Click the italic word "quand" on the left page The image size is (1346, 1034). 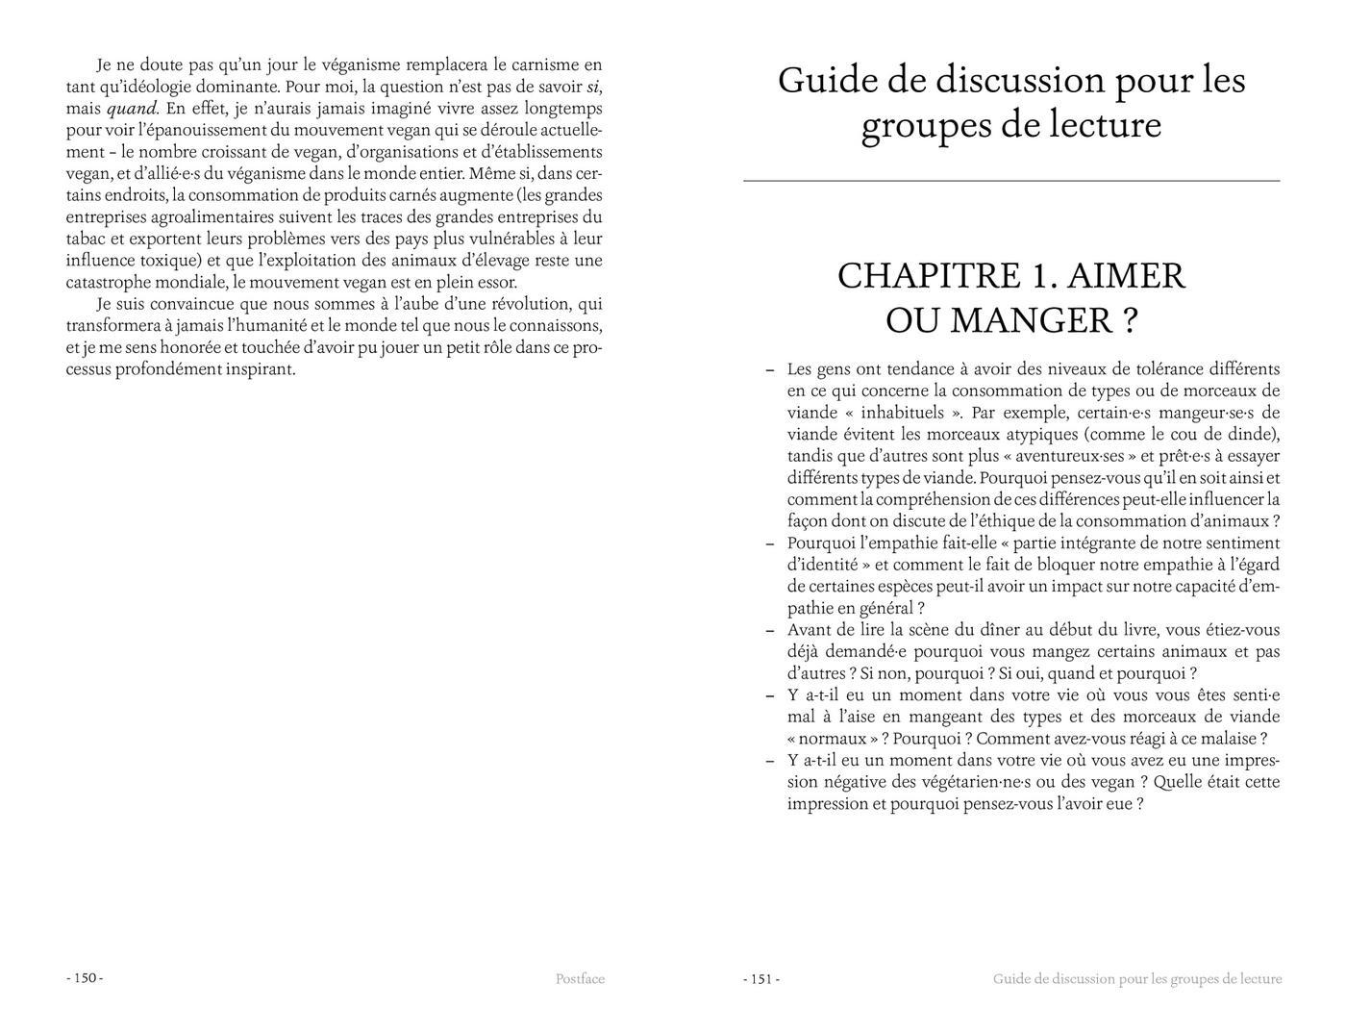132,108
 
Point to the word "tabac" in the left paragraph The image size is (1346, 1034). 86,239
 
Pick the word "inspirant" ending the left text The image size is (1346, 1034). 260,368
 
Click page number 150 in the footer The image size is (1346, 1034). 85,978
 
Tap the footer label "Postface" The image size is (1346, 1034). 580,979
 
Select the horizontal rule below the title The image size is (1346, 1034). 1011,181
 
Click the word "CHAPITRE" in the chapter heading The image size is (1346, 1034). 929,276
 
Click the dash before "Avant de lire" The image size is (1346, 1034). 770,630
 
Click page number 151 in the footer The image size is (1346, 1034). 761,979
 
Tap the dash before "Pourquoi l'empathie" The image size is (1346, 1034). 770,542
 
